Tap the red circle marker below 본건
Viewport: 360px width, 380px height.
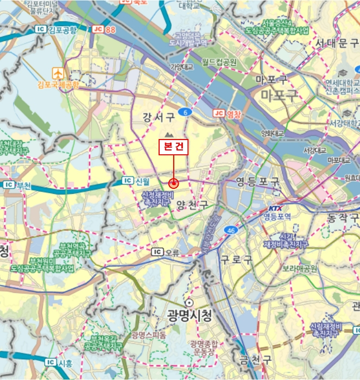point(174,183)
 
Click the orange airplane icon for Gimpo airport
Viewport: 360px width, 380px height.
point(58,73)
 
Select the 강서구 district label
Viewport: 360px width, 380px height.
point(159,116)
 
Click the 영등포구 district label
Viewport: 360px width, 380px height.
point(257,181)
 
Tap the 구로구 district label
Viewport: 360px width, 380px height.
point(237,259)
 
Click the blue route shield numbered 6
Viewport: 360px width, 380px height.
point(186,112)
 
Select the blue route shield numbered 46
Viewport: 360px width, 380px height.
point(231,230)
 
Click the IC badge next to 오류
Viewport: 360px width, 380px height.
point(157,252)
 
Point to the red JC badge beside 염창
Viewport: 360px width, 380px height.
point(219,113)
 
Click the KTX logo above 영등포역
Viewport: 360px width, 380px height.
point(275,208)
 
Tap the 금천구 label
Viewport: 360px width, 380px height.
point(256,359)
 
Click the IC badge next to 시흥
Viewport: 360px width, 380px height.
point(50,362)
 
